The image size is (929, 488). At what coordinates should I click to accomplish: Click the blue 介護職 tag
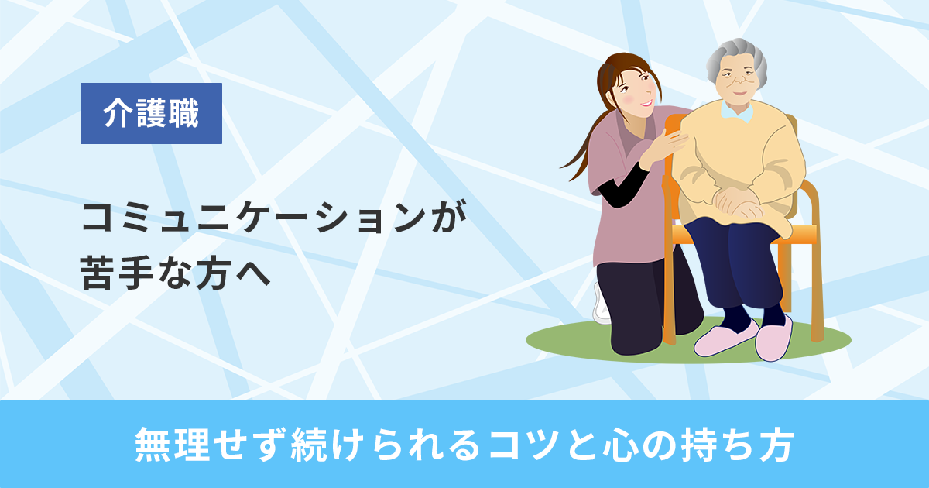pyautogui.click(x=151, y=114)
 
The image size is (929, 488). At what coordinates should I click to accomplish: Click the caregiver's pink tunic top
pyautogui.click(x=619, y=225)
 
